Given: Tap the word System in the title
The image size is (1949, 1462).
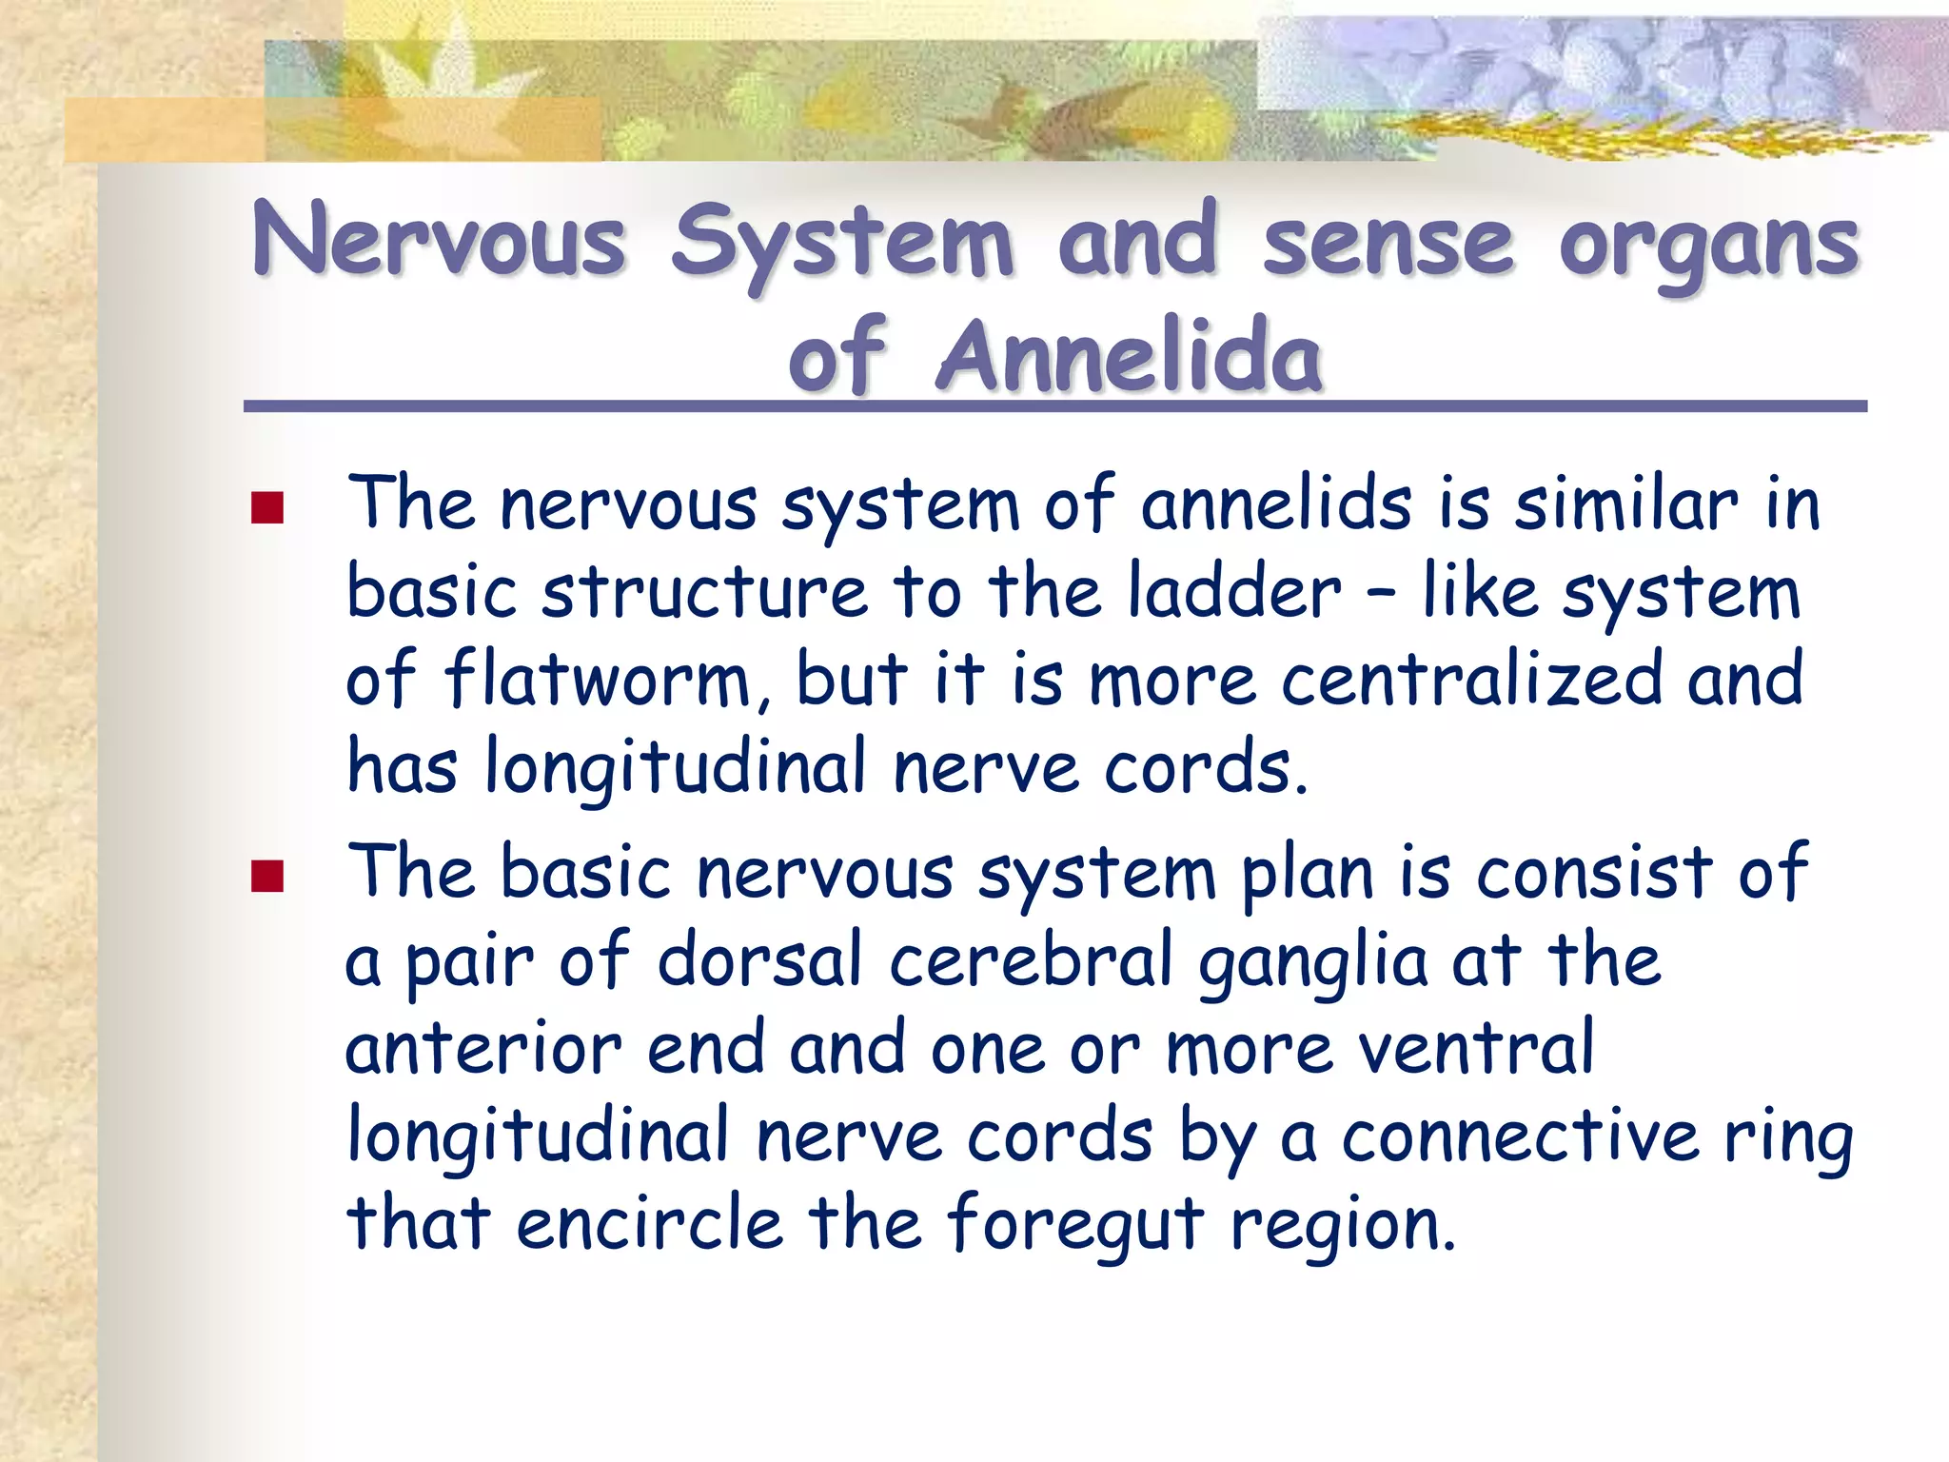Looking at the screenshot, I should (841, 243).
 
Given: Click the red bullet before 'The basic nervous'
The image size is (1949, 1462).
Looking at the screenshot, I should (267, 876).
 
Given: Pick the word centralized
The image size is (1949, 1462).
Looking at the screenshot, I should (1471, 680).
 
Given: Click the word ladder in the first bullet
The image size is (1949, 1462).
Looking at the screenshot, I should (1234, 592).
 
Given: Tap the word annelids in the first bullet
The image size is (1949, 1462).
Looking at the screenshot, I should (1276, 504).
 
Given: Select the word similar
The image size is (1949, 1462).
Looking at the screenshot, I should (1625, 504).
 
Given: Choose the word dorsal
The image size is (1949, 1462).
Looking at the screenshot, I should (759, 959).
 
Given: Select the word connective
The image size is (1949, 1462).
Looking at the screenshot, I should (1520, 1136).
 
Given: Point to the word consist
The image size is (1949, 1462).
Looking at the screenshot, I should (1594, 872).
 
